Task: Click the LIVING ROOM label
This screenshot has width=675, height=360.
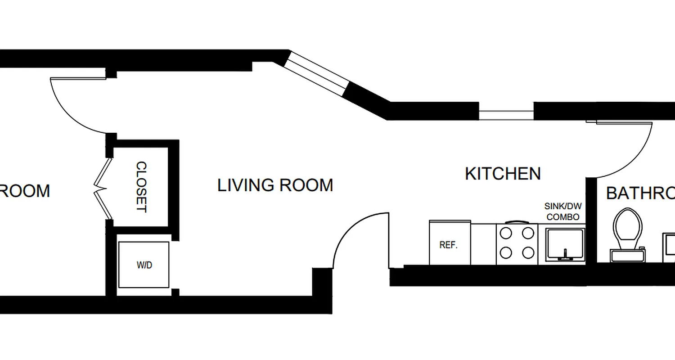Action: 275,185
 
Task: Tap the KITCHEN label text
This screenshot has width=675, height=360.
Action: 503,174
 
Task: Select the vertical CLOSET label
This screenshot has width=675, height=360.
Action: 141,187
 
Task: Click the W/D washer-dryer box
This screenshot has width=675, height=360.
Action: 144,265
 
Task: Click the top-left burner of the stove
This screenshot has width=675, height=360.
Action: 506,234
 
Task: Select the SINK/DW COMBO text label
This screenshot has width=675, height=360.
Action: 562,211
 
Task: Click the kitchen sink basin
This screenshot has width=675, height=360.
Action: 565,243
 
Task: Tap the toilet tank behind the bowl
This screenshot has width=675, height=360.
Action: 628,256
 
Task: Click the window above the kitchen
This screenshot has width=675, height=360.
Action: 506,111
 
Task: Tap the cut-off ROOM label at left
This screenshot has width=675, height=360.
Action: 25,191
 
